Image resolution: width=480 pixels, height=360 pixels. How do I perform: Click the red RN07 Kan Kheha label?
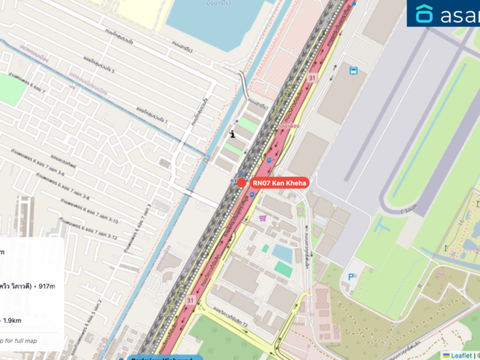point(279,183)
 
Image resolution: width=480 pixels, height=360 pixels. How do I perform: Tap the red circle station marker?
point(242,182)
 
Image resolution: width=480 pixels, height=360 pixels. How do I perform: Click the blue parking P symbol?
point(351,277)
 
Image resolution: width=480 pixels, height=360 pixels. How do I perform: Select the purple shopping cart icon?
point(263,219)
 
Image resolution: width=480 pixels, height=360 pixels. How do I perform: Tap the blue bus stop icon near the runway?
point(354,71)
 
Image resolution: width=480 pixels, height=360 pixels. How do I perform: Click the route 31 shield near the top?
point(311,78)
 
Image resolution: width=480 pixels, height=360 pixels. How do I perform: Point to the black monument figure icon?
point(234,134)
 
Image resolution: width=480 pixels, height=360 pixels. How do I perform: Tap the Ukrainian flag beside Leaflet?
point(444,354)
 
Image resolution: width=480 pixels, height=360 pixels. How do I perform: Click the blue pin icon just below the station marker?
point(252,195)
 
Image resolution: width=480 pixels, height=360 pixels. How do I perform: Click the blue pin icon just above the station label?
point(270,161)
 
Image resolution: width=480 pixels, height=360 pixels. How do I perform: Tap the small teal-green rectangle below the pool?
point(282,268)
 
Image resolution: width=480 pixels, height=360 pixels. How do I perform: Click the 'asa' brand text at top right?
point(461,15)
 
